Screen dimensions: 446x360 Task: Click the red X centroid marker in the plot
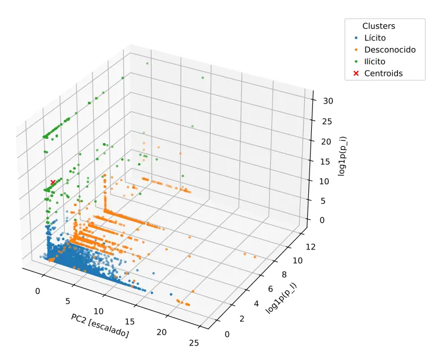coord(53,182)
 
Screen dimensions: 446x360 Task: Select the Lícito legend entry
coord(370,38)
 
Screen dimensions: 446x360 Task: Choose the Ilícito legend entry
coord(370,61)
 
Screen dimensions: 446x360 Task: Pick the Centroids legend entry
coord(378,74)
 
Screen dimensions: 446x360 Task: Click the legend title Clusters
coord(378,26)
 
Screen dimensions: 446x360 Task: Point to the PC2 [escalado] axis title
coord(100,325)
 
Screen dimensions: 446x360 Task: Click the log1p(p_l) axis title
coord(281,298)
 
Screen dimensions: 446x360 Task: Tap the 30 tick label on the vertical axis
coord(328,101)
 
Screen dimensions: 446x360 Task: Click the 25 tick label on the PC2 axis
coord(194,343)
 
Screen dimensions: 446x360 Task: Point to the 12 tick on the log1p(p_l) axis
coord(311,247)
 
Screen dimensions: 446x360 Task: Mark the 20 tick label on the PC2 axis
coord(161,332)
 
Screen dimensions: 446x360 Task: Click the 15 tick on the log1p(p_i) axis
coord(325,161)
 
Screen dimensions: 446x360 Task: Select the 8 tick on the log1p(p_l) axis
coord(284,274)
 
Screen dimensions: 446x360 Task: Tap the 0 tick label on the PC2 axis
coord(38,291)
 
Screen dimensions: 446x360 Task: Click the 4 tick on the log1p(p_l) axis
coord(256,304)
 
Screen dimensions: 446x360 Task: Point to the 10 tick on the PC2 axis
coord(98,311)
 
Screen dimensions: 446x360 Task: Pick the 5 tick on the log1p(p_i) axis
coord(323,201)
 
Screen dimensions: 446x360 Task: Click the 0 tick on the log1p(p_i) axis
coord(322,220)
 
